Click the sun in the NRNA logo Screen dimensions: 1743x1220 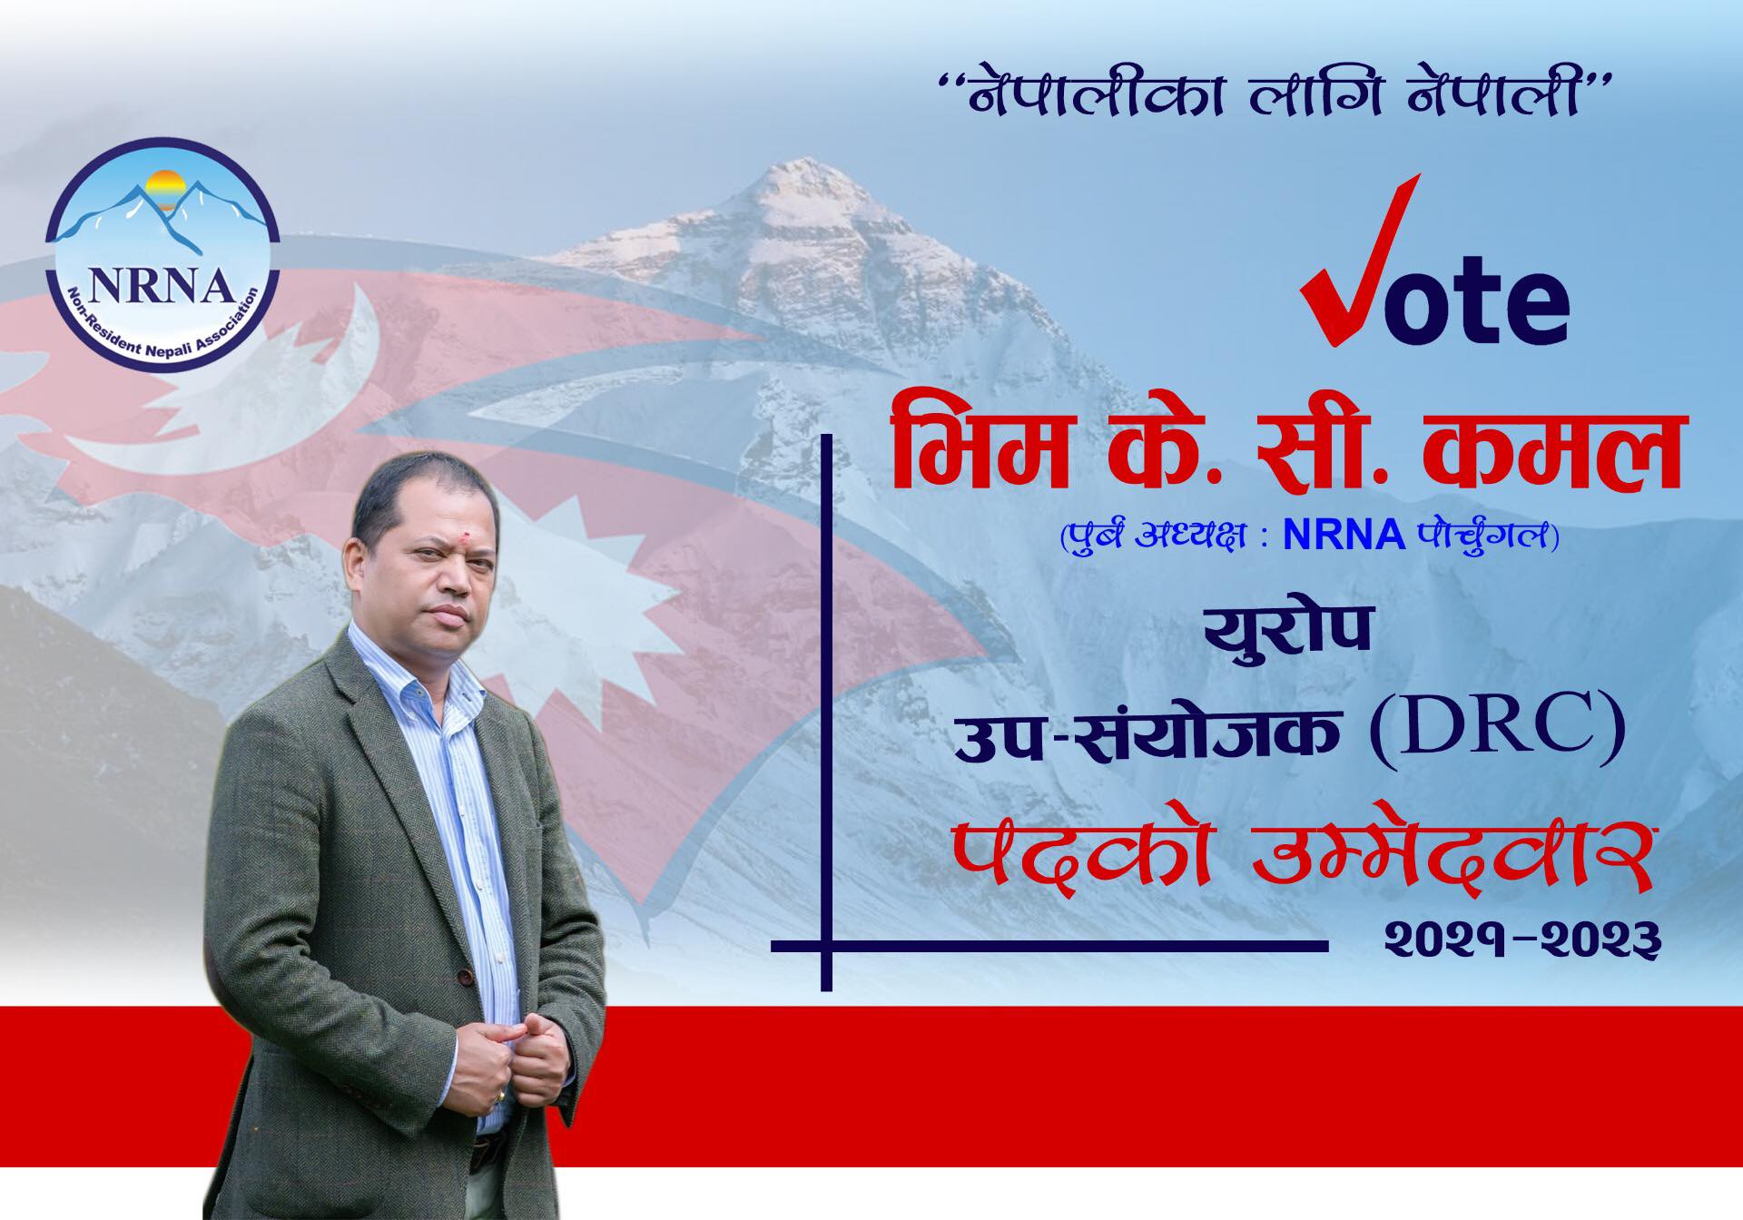pyautogui.click(x=166, y=189)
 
